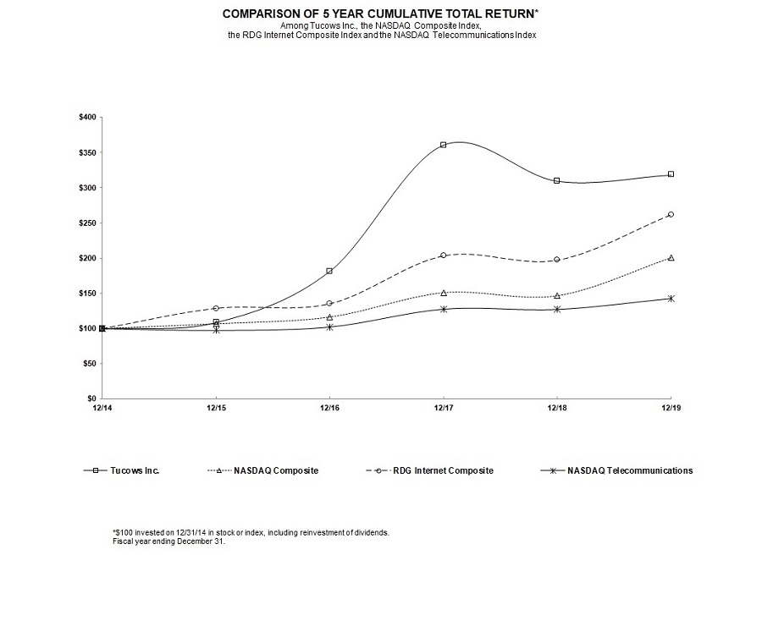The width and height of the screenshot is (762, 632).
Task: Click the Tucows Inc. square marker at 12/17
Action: [443, 145]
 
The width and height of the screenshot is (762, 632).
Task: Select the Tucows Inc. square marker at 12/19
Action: [671, 174]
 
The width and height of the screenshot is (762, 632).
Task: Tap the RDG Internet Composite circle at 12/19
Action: [671, 215]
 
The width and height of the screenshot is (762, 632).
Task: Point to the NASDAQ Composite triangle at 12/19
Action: [671, 257]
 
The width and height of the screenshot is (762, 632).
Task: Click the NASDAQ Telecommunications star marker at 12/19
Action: [671, 299]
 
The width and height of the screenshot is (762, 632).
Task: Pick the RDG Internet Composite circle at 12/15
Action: [216, 308]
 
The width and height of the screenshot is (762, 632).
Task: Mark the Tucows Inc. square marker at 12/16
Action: [329, 271]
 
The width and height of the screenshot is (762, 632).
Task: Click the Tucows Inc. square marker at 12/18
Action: [556, 180]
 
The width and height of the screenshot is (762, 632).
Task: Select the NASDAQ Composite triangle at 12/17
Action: [443, 293]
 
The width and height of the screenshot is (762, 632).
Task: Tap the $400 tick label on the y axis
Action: [86, 117]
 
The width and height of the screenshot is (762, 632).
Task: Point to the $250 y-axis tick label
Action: [86, 223]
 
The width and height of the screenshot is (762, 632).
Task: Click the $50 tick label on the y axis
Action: [88, 363]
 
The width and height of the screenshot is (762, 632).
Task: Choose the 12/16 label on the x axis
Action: [329, 408]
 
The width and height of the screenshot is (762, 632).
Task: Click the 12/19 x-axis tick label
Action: [671, 408]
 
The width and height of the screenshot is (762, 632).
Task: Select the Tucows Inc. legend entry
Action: [135, 470]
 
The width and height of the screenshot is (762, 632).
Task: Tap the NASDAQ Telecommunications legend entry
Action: [630, 470]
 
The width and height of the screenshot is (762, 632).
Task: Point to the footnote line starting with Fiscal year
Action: [168, 541]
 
